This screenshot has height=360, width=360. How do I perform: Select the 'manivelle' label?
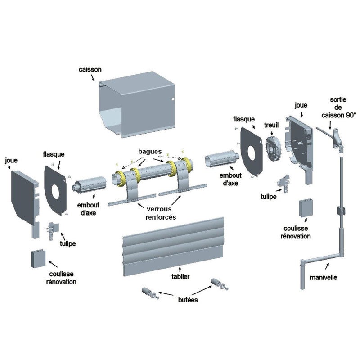(323, 277)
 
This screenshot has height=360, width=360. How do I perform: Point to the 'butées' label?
(185, 299)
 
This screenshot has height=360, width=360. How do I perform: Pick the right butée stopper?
(218, 284)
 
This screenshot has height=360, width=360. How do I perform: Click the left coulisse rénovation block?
(37, 259)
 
